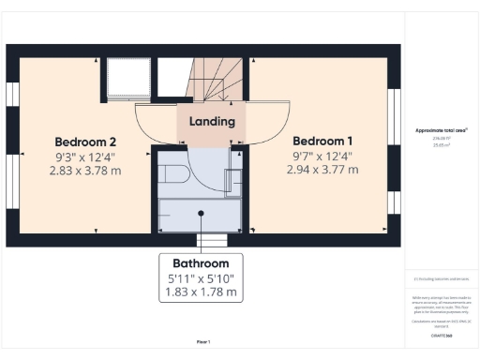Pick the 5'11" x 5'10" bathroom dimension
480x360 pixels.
201,278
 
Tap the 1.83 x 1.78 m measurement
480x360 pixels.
201,292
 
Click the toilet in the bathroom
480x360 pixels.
175,174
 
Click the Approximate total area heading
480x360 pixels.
441,130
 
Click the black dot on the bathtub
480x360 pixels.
201,212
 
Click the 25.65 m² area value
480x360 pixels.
441,144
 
